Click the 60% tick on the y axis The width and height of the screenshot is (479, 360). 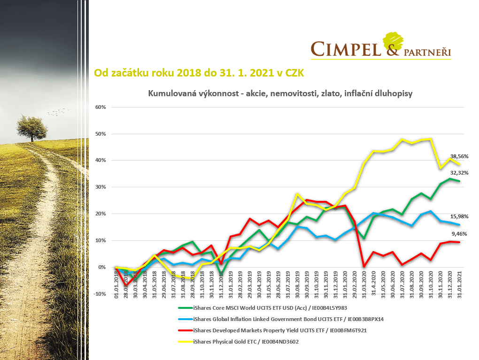pyautogui.click(x=100, y=107)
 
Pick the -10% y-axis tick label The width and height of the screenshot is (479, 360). pyautogui.click(x=100, y=294)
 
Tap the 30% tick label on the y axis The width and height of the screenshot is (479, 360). pyautogui.click(x=100, y=187)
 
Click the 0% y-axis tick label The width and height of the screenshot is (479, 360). pyautogui.click(x=102, y=268)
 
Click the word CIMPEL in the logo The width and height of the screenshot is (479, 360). pyautogui.click(x=346, y=48)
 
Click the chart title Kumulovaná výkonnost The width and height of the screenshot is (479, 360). pyautogui.click(x=280, y=93)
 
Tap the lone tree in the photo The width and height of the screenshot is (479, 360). pyautogui.click(x=31, y=127)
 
